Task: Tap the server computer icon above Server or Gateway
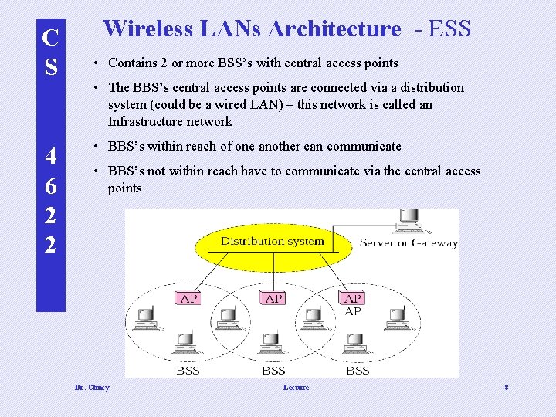[x=407, y=221]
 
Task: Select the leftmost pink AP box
[x=188, y=298]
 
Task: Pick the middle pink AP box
[x=274, y=298]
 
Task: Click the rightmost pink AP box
[x=353, y=298]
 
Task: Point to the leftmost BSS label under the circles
[x=188, y=371]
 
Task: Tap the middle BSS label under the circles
[x=273, y=371]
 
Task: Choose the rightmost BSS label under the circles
[x=358, y=371]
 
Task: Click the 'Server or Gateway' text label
[x=409, y=243]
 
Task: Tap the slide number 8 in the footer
[x=506, y=387]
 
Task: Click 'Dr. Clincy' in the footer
[x=91, y=387]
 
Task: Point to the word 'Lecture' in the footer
[x=296, y=387]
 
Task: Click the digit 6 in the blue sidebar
[x=50, y=186]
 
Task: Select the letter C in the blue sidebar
[x=50, y=37]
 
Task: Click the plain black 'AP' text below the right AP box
[x=353, y=311]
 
